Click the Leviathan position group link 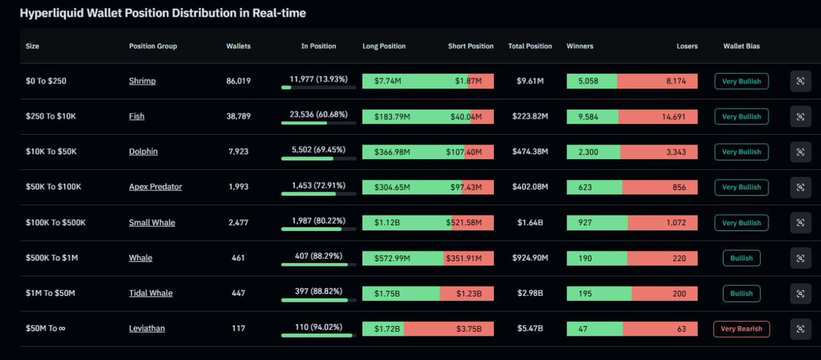click(146, 329)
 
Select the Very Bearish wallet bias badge click(742, 329)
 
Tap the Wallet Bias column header click(741, 47)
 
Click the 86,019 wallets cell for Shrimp click(238, 81)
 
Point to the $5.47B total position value click(530, 329)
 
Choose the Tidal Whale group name click(151, 293)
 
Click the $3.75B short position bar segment click(448, 329)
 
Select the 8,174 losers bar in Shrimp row click(657, 81)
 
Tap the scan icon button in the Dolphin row click(800, 152)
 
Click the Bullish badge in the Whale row click(741, 258)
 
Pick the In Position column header click(318, 47)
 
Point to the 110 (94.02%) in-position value click(318, 328)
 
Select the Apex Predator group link click(155, 187)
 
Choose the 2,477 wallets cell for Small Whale click(238, 222)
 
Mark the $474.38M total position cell click(530, 152)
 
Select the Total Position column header click(530, 47)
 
